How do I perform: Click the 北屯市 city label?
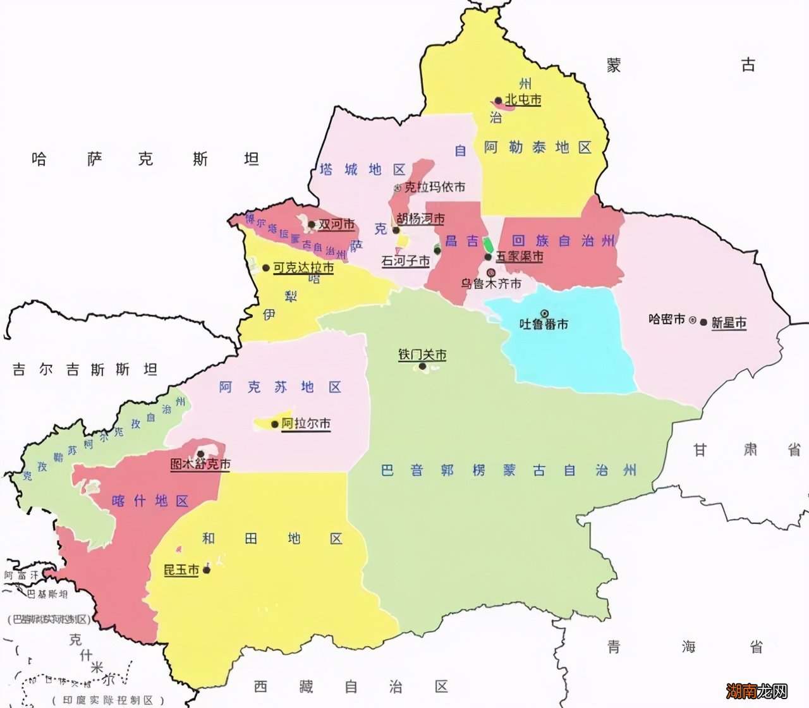pyautogui.click(x=523, y=100)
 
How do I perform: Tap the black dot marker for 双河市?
pyautogui.click(x=312, y=224)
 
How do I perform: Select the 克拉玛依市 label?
pyautogui.click(x=434, y=187)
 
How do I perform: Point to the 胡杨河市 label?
pyautogui.click(x=420, y=219)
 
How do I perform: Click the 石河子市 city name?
pyautogui.click(x=405, y=260)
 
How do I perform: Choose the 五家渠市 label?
pyautogui.click(x=519, y=256)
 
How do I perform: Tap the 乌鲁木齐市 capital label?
pyautogui.click(x=491, y=284)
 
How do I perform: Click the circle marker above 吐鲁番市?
pyautogui.click(x=544, y=313)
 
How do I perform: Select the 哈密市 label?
pyautogui.click(x=667, y=319)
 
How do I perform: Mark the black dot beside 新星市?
pyautogui.click(x=703, y=322)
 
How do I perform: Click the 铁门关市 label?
pyautogui.click(x=422, y=355)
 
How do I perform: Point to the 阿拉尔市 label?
pyautogui.click(x=306, y=424)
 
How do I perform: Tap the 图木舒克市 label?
pyautogui.click(x=200, y=464)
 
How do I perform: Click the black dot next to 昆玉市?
pyautogui.click(x=206, y=570)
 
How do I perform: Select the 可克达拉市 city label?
pyautogui.click(x=303, y=268)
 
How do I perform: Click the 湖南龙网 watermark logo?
pyautogui.click(x=756, y=690)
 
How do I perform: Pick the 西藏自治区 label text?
pyautogui.click(x=351, y=686)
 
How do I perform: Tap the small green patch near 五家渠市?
pyautogui.click(x=488, y=243)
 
